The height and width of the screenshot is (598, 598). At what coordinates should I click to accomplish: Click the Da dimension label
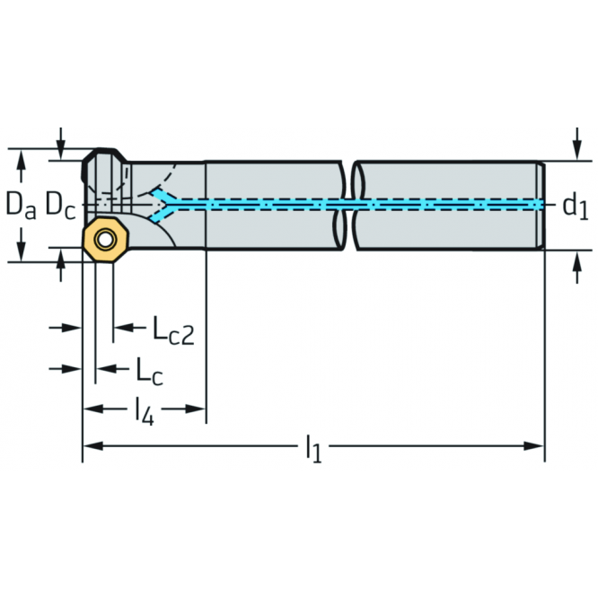point(21,206)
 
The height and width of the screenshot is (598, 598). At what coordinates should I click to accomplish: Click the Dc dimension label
point(61,206)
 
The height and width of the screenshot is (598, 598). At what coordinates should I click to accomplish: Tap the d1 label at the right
point(576,206)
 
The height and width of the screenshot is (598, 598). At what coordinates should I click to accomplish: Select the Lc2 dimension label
point(173,330)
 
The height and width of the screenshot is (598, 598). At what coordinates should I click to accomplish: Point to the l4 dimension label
point(145,412)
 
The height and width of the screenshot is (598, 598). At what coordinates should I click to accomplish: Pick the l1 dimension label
point(314,449)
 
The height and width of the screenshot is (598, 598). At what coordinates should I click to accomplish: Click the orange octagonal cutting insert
point(107,240)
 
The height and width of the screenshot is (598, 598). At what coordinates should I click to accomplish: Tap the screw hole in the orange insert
point(106,240)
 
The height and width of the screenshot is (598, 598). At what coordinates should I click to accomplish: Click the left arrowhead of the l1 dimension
point(93,445)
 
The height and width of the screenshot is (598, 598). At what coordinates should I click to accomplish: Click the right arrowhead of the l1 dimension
point(533,445)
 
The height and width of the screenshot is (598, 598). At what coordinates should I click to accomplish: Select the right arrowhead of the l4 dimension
point(195,409)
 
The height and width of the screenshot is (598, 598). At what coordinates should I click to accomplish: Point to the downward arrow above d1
point(577,145)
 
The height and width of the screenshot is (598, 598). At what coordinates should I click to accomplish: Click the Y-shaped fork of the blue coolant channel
point(163,205)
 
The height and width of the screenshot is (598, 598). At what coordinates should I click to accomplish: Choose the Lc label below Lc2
point(150,370)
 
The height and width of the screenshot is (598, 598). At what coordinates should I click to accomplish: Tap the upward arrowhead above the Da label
point(22,158)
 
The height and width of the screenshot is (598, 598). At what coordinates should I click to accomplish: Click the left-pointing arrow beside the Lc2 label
point(129,327)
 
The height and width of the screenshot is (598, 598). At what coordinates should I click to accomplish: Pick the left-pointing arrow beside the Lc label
point(112,369)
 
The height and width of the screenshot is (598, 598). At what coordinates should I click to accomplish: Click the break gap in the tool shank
point(348,206)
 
